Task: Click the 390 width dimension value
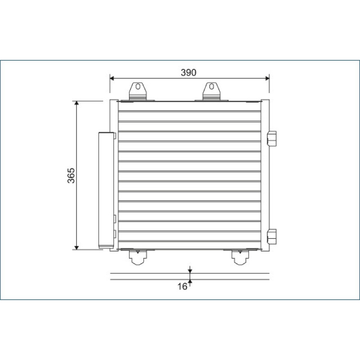pyautogui.click(x=189, y=72)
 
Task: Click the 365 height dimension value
pyautogui.click(x=71, y=175)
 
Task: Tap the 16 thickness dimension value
pyautogui.click(x=182, y=287)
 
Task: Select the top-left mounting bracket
pyautogui.click(x=138, y=91)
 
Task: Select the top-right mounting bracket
pyautogui.click(x=211, y=91)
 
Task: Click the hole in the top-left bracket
pyautogui.click(x=138, y=86)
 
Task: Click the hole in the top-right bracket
pyautogui.click(x=211, y=86)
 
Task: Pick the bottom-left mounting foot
pyautogui.click(x=138, y=257)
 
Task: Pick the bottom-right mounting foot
pyautogui.click(x=240, y=257)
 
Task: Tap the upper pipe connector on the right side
pyautogui.click(x=272, y=139)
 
